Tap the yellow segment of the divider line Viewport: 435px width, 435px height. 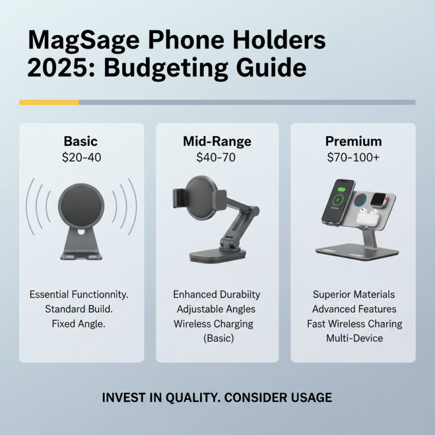coord(49,102)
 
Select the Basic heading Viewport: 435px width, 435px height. coord(80,141)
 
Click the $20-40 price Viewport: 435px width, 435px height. coord(80,158)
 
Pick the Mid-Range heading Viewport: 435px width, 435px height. coord(217,141)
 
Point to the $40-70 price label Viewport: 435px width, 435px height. coord(217,158)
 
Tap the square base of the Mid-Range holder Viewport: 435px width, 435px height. coord(216,256)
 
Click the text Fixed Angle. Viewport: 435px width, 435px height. coord(80,324)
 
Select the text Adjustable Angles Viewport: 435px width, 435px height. coord(216,309)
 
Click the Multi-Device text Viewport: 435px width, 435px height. coord(354,338)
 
